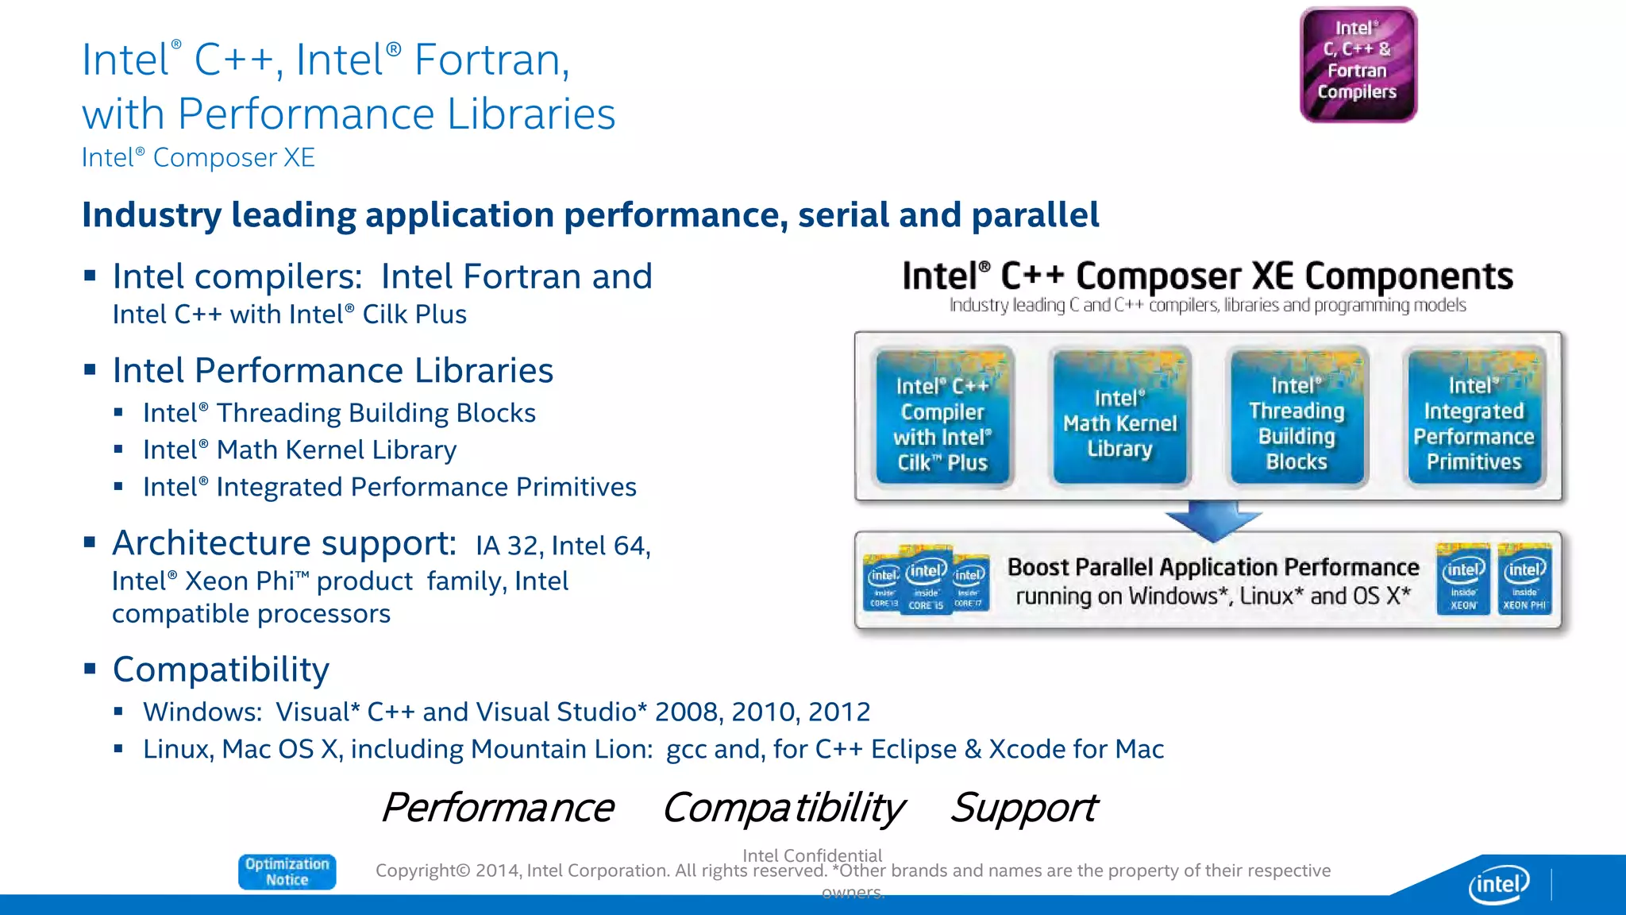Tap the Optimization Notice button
point(287,871)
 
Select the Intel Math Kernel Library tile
point(1119,416)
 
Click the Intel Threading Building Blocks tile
point(1297,416)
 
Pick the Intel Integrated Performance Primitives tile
point(1474,416)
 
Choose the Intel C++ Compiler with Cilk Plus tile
point(942,416)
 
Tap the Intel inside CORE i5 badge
point(926,580)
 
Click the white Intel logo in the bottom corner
point(1498,884)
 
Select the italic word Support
point(1023,808)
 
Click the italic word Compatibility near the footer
point(783,808)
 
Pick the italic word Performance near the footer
point(498,808)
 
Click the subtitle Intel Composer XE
point(198,157)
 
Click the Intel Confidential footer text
point(811,855)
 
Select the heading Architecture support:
point(284,543)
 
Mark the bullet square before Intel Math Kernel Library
point(118,450)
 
